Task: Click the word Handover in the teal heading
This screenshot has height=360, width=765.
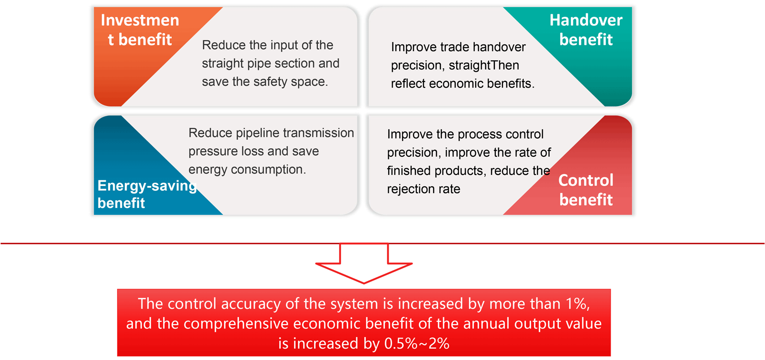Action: tap(586, 20)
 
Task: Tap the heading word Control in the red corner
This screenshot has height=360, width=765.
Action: tap(586, 180)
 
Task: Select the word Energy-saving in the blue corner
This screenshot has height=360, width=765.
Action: tap(147, 186)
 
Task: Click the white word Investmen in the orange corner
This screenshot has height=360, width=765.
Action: tap(140, 20)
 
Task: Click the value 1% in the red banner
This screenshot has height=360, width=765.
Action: tap(577, 304)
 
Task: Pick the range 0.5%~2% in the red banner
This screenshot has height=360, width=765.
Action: tap(416, 343)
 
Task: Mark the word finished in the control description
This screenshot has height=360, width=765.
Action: tap(409, 170)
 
